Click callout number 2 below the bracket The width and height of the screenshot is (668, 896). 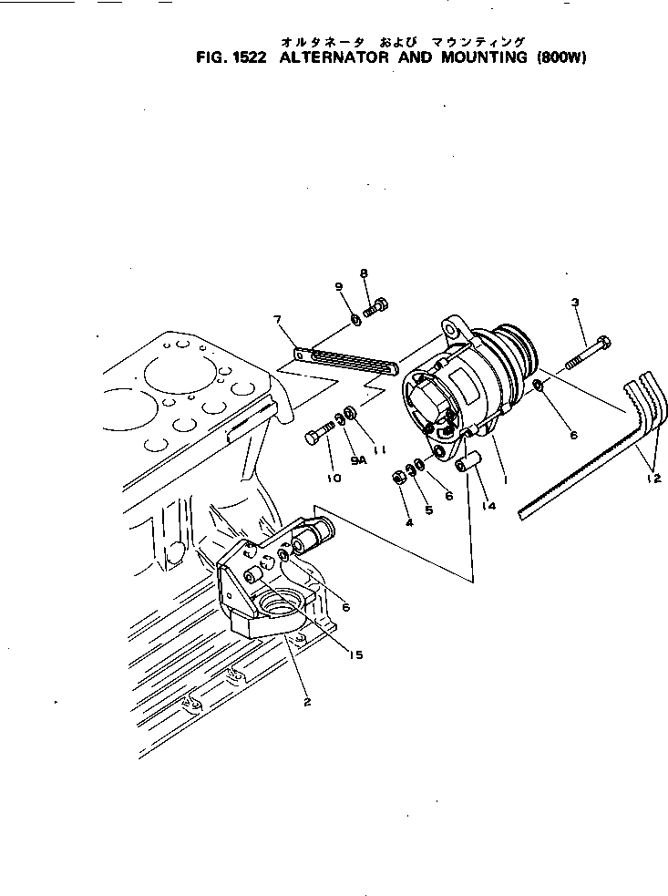[307, 702]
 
